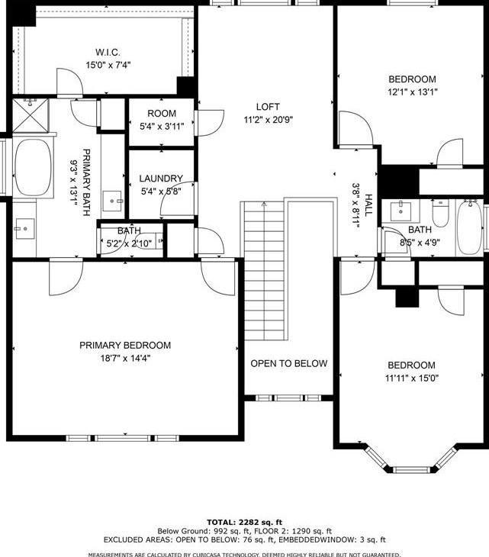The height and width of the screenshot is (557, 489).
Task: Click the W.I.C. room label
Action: (108, 52)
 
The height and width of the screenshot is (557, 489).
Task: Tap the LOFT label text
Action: (268, 107)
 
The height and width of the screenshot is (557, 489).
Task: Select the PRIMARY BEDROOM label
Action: (125, 346)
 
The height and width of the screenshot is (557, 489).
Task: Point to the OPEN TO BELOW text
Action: (288, 363)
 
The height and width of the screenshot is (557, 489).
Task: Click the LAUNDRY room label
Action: (161, 179)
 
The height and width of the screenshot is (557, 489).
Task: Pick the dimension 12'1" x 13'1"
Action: (412, 92)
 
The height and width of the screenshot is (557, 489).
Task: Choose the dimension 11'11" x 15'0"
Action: (412, 378)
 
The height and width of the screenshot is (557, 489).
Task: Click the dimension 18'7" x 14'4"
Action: (125, 358)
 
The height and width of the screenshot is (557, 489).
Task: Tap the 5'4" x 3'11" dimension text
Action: (162, 126)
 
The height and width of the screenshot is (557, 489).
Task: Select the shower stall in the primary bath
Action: (31, 115)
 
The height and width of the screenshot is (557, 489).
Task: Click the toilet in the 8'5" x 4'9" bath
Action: (440, 213)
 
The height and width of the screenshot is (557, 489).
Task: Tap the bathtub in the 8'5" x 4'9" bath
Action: (469, 227)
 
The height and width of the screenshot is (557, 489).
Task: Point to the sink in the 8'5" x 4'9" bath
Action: (401, 211)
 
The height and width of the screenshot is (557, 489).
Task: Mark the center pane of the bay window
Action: (412, 469)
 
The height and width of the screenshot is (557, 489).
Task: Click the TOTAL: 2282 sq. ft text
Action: (244, 522)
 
